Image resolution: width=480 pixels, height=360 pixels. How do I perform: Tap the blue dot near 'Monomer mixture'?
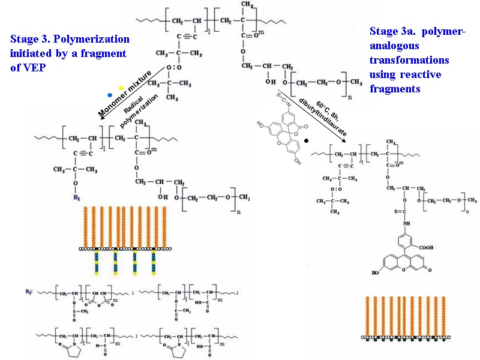point(109,95)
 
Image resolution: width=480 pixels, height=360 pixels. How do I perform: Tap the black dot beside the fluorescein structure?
point(306,140)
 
